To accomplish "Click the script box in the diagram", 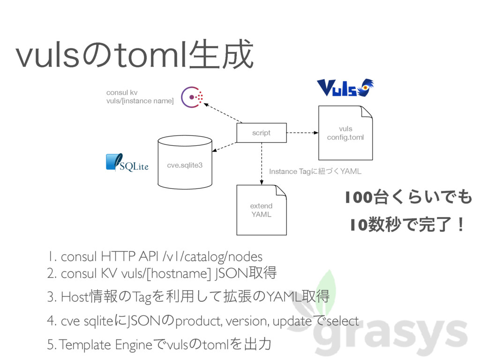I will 261,133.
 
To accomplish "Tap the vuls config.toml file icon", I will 345,133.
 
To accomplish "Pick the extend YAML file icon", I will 261,210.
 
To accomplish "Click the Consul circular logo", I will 192,97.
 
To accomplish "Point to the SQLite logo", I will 127,163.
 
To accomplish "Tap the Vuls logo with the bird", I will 345,88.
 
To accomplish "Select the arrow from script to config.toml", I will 302,133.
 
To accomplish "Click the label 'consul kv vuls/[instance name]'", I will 139,97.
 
